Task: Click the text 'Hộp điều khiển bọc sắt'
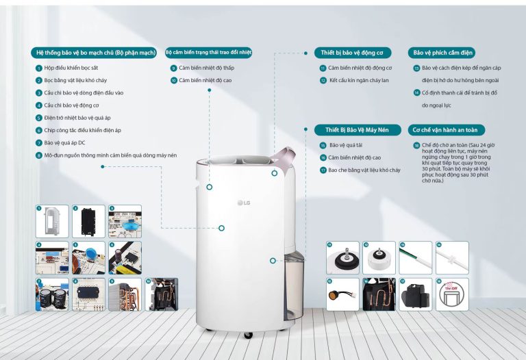71,68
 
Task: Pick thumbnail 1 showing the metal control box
52,221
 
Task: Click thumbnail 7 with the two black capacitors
52,294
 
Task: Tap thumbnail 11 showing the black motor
342,257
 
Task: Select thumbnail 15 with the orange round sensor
342,294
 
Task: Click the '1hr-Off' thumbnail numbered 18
452,294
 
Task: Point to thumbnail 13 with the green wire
416,257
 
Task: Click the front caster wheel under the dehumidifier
248,335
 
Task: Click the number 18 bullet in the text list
416,146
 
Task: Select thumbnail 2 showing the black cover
88,221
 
